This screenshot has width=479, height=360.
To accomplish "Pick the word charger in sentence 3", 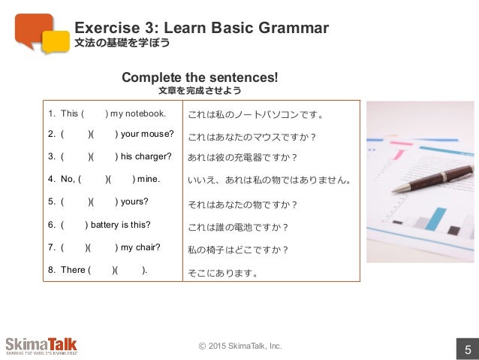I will coord(155,156).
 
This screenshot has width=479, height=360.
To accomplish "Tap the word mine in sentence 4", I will coord(149,179).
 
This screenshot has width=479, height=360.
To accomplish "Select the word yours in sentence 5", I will coord(134,201).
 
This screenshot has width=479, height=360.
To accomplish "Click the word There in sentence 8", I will coord(73,269).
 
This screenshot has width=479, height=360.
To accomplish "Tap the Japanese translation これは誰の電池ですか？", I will coord(238,227).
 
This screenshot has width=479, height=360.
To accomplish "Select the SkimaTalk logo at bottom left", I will coord(41,346).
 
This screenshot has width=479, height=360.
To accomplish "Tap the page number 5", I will coord(467,349).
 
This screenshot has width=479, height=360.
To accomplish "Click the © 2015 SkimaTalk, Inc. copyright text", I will coord(239,346).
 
